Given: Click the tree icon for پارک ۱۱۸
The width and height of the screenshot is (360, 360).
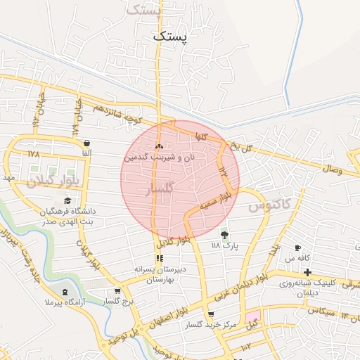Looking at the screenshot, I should (225, 234).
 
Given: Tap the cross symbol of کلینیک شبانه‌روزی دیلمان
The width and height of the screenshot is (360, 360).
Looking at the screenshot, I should (307, 271).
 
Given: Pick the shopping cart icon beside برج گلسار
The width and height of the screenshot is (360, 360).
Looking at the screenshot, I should (117, 290).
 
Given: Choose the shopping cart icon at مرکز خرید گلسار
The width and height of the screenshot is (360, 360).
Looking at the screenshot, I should (210, 314).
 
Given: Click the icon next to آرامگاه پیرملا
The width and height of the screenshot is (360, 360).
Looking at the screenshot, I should (65, 291).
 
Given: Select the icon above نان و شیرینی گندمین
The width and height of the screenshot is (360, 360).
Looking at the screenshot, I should (158, 147).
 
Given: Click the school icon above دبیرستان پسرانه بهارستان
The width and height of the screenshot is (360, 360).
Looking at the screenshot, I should (158, 258).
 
